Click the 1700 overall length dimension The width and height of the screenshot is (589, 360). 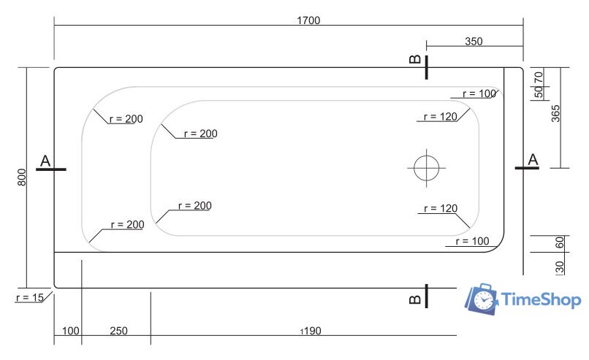308,20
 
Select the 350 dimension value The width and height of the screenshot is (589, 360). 474,42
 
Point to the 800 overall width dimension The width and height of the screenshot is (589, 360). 21,176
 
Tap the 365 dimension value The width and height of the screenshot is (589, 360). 555,115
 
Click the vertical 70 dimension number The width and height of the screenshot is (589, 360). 539,77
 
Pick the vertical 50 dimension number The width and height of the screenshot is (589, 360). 539,92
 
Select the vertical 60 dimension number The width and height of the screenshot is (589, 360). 560,243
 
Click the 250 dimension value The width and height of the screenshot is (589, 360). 118,331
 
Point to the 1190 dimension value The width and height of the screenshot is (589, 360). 311,331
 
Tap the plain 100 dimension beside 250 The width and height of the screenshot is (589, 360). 71,331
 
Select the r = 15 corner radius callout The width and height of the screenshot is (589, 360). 29,297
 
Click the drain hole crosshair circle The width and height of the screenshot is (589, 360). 425,168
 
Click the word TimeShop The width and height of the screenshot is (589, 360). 541,299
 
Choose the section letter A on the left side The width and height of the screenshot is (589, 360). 45,161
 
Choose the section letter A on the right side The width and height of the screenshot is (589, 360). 533,159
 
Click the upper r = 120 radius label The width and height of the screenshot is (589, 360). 440,116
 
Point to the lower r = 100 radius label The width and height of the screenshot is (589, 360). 471,241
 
